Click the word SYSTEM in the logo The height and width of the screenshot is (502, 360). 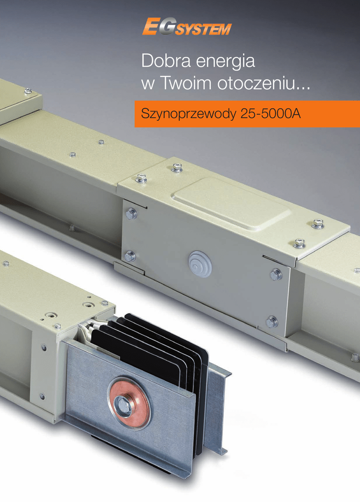coord(203,29)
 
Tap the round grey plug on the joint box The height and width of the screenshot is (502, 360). coord(201,264)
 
